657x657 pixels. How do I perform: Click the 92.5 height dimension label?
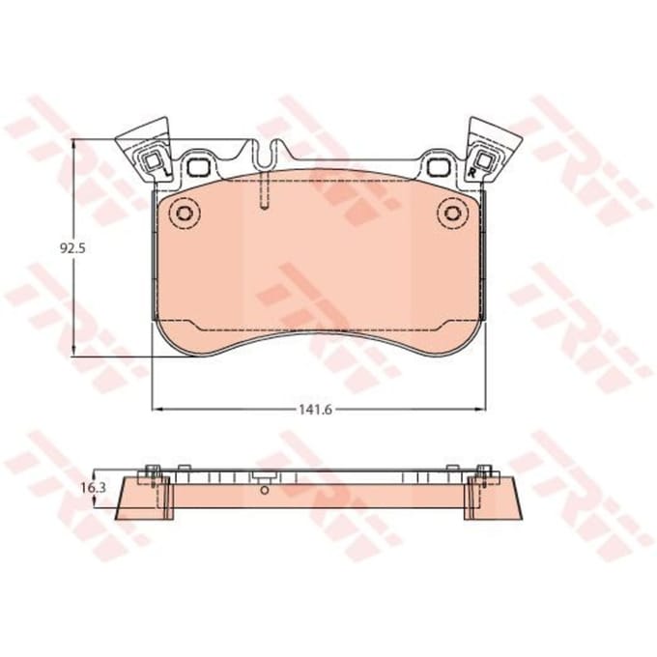point(72,248)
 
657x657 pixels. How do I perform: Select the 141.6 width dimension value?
point(315,410)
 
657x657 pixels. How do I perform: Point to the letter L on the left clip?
point(167,171)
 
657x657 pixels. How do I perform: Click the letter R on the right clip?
point(472,172)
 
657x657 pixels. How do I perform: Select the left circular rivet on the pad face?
point(184,214)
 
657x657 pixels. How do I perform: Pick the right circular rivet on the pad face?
point(452,214)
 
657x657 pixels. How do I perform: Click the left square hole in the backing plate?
point(198,167)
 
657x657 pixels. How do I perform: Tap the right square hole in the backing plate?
point(439,167)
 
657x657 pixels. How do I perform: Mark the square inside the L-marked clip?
point(153,161)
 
